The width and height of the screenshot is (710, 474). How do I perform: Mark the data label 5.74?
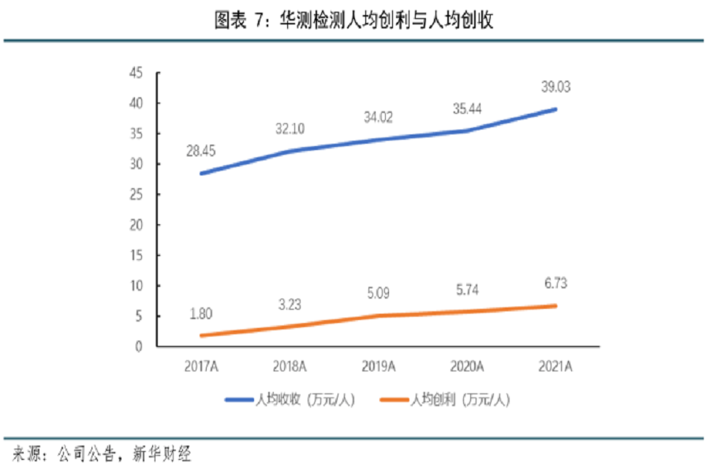tap(466, 289)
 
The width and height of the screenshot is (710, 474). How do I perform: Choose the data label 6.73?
tap(555, 283)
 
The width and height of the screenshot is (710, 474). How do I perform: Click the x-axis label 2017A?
tap(204, 364)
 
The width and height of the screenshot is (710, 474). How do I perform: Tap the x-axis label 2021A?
tap(555, 364)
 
